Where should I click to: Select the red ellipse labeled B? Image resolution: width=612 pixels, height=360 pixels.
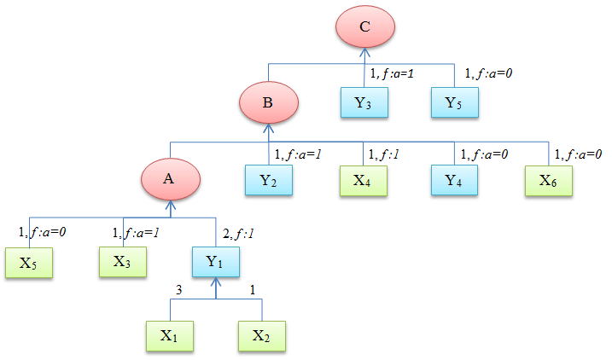pos(267,103)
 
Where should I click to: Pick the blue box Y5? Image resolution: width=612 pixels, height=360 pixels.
pos(455,103)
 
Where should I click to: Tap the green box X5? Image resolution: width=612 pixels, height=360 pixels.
pos(29,262)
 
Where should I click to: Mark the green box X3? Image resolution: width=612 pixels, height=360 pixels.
pos(123,261)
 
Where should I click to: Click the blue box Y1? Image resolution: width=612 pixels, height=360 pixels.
pos(214,261)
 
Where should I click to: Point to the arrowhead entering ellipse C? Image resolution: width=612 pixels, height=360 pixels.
pos(364,50)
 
